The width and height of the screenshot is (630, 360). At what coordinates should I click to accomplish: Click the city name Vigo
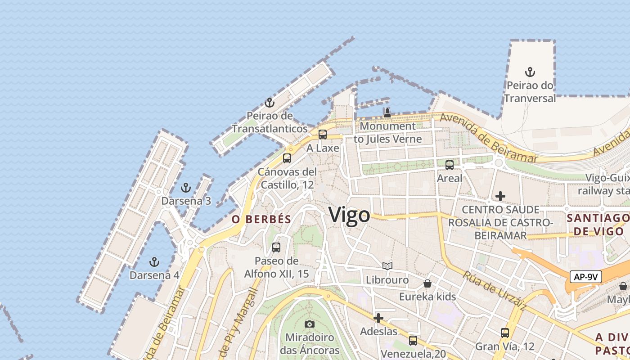coord(349,215)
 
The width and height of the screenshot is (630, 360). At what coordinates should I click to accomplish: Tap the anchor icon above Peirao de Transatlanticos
coord(269,103)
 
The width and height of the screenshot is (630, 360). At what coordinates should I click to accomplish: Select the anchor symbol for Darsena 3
coord(185,188)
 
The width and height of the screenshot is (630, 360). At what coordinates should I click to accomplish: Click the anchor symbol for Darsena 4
coord(154,261)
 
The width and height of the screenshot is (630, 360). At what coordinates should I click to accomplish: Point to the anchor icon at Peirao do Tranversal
coord(530,72)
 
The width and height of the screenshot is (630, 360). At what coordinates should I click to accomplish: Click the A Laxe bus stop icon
coord(323,134)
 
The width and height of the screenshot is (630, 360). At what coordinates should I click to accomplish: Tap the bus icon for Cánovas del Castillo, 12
coord(287,158)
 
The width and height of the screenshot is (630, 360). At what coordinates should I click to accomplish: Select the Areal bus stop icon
coord(449,165)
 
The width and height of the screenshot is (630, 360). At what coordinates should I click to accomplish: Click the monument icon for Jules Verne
coord(387,112)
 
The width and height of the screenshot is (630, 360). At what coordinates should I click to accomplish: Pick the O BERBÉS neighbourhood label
coord(261,219)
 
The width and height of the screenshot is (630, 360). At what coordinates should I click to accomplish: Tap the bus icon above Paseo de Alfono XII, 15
coord(276,247)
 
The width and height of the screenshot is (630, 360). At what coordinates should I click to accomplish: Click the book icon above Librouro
coord(387,266)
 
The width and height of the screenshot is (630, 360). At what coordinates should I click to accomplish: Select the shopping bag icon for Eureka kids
coord(427,283)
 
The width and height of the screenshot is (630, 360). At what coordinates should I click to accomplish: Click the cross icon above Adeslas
coord(378,318)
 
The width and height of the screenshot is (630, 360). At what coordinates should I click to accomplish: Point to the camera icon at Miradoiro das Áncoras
coord(309,324)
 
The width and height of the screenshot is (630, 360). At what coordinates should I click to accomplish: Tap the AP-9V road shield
coord(585,277)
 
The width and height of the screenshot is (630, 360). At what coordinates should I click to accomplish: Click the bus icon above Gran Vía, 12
coord(505,333)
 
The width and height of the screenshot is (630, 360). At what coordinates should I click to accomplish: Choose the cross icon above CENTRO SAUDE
coord(500,196)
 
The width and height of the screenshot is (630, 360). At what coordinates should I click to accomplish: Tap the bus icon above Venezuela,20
coord(413,340)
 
